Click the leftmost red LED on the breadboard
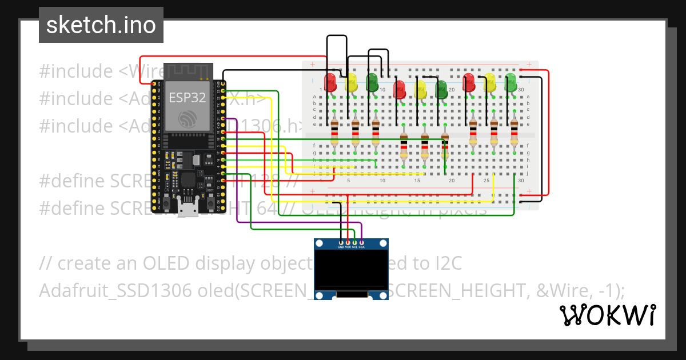point(330,82)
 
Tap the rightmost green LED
point(511,82)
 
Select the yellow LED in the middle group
point(420,89)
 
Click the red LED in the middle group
point(400,89)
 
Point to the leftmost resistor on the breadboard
point(334,133)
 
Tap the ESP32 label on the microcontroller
point(187,97)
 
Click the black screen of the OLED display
point(351,270)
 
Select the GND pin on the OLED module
point(341,243)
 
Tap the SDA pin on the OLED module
point(362,243)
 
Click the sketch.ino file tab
point(101,25)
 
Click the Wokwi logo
point(607,315)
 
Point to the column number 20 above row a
point(452,90)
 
